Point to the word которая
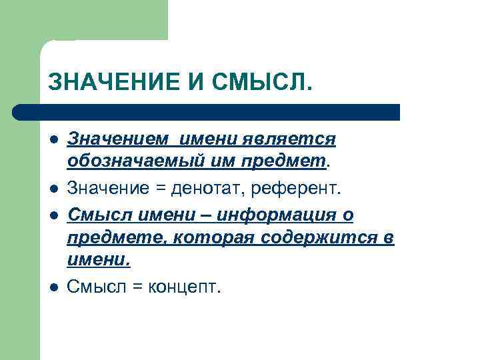pos(213,238)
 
